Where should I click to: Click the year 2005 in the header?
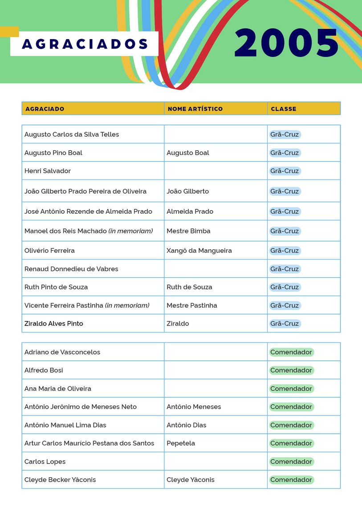pyautogui.click(x=287, y=43)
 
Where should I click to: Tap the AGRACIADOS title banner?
pyautogui.click(x=85, y=44)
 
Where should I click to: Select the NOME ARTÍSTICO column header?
pyautogui.click(x=195, y=109)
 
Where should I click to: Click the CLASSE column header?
pyautogui.click(x=284, y=109)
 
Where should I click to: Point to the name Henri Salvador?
pyautogui.click(x=48, y=171)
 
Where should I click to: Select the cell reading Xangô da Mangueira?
pyautogui.click(x=199, y=251)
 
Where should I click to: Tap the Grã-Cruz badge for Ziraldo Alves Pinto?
pyautogui.click(x=285, y=324)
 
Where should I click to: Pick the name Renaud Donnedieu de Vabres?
pyautogui.click(x=71, y=269)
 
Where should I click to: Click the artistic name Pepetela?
pyautogui.click(x=181, y=443)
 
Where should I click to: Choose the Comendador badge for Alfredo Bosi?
pyautogui.click(x=291, y=370)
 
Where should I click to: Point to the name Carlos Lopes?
pyautogui.click(x=45, y=462)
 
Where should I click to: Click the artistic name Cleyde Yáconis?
pyautogui.click(x=191, y=480)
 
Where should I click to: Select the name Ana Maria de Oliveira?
pyautogui.click(x=58, y=389)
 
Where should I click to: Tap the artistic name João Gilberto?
pyautogui.click(x=187, y=191)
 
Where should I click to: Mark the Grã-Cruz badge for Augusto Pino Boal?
pyautogui.click(x=285, y=153)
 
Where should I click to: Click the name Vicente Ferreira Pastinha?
pyautogui.click(x=64, y=305)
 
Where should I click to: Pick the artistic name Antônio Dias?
pyautogui.click(x=187, y=425)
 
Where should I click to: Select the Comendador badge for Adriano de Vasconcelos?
pyautogui.click(x=291, y=352)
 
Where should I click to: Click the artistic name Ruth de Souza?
pyautogui.click(x=189, y=287)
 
